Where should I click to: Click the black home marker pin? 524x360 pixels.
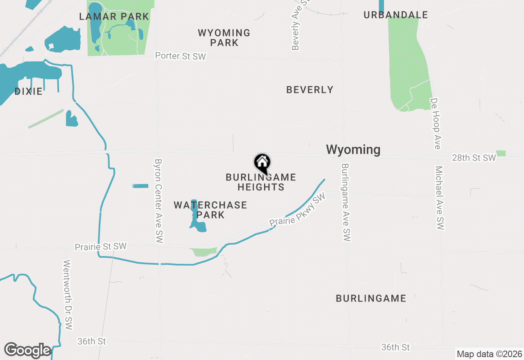coord(262,163)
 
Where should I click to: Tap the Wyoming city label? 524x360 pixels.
coord(353,150)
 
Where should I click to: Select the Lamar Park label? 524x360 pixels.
coord(114,17)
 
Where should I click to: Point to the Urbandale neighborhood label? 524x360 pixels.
coord(395,15)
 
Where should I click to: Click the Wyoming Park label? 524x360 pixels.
coord(224,38)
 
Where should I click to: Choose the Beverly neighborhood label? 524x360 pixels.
coord(309,90)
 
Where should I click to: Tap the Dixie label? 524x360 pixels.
coord(28,91)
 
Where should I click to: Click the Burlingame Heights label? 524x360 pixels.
coord(261,182)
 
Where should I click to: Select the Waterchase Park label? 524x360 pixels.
coord(210,210)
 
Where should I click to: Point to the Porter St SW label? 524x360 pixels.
coord(180,56)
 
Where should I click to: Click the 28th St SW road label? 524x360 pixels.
coord(474,158)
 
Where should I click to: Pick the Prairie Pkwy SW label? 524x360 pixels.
coord(297,210)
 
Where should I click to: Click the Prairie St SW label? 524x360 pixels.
coord(100,247)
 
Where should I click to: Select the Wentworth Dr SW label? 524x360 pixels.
coord(68,295)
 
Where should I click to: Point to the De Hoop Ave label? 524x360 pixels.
coord(435,124)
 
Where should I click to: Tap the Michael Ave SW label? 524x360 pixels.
coord(440,198)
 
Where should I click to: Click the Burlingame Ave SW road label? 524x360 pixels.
coord(346,202)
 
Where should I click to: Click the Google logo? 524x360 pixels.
coord(27,350)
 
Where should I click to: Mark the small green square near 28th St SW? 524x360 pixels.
coord(501,153)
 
